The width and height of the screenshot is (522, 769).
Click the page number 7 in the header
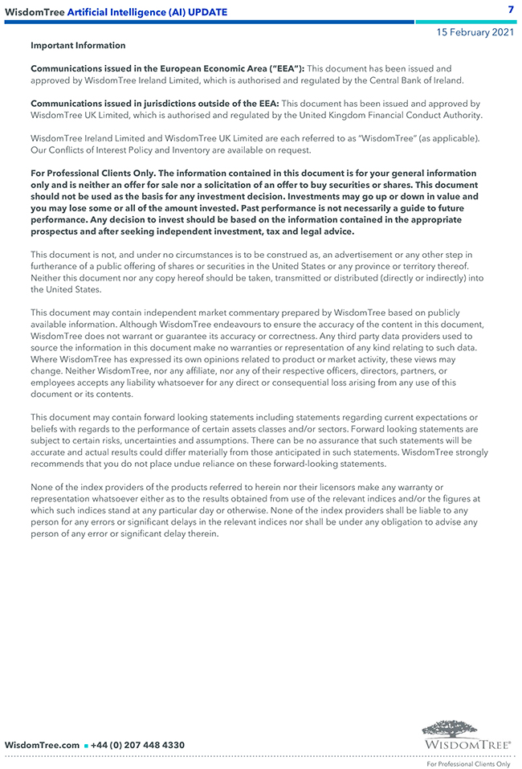click(x=511, y=9)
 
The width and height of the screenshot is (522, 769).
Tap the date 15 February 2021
click(x=475, y=33)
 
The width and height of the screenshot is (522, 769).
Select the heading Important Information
click(x=78, y=46)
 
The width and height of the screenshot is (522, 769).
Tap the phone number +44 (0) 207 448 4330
click(x=137, y=745)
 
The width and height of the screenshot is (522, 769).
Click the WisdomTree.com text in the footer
click(x=43, y=745)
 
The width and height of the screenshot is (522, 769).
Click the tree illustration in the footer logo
click(x=450, y=729)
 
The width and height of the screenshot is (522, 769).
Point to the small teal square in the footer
click(x=86, y=746)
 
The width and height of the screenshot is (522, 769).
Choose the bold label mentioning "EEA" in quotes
click(x=167, y=69)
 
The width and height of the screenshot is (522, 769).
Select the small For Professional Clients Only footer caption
click(x=468, y=763)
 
